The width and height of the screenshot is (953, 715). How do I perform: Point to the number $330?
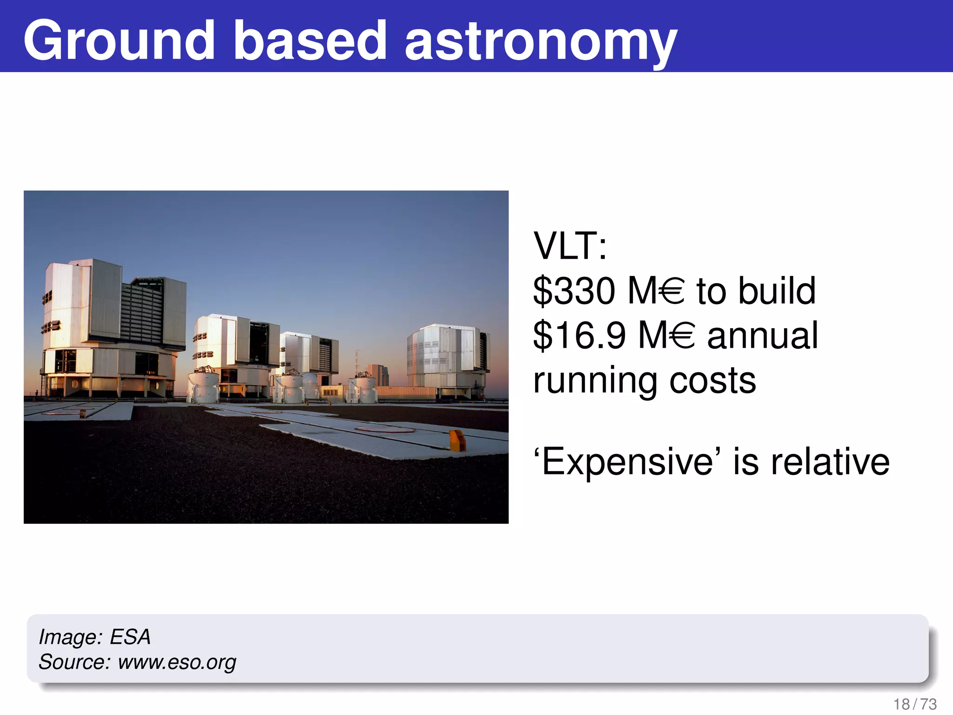(x=574, y=291)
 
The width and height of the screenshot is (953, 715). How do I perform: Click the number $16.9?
(x=579, y=336)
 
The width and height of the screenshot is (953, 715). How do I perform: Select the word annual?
(x=762, y=336)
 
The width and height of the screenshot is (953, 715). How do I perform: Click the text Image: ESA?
(x=94, y=637)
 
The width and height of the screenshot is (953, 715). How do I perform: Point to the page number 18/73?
(x=915, y=704)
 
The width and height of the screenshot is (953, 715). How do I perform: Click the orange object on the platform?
(x=457, y=440)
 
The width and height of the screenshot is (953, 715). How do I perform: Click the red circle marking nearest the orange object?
(x=385, y=429)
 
